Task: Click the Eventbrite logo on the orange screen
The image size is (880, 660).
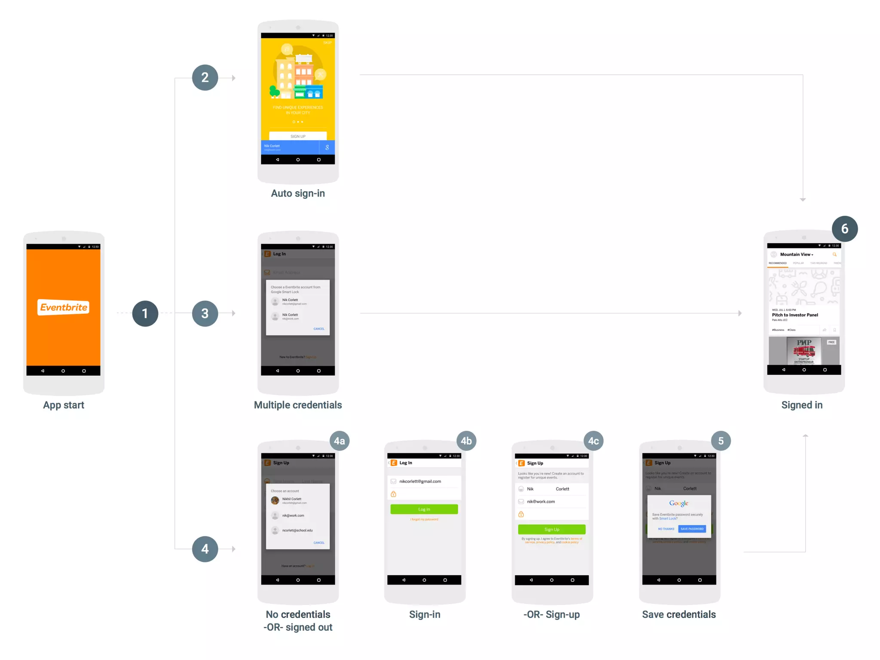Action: [x=64, y=307]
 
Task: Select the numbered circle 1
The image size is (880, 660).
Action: [x=145, y=314]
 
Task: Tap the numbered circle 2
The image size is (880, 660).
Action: [x=205, y=78]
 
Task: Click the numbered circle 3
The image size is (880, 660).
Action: [x=205, y=314]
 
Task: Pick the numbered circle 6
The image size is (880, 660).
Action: [x=844, y=229]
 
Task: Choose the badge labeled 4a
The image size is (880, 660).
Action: [x=339, y=441]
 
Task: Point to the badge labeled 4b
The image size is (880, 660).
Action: [x=466, y=441]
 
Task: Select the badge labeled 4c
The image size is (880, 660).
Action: [x=593, y=441]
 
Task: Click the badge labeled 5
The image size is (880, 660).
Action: [x=721, y=441]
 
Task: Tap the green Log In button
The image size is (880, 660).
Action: [x=424, y=509]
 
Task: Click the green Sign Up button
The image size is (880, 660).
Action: [x=552, y=529]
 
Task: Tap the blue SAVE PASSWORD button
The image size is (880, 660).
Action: [x=692, y=529]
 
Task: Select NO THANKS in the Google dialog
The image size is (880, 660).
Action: [x=666, y=529]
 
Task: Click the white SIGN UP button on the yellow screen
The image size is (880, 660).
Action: [x=298, y=136]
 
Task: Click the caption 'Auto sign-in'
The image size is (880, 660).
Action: [x=298, y=193]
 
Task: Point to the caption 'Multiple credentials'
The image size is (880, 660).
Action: [x=298, y=405]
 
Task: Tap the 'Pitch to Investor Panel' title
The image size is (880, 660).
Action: [x=795, y=315]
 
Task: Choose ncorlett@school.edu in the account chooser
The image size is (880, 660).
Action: [x=297, y=530]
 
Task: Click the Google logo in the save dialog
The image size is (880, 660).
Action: [x=679, y=503]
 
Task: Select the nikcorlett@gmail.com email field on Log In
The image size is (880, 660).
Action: [x=420, y=481]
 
